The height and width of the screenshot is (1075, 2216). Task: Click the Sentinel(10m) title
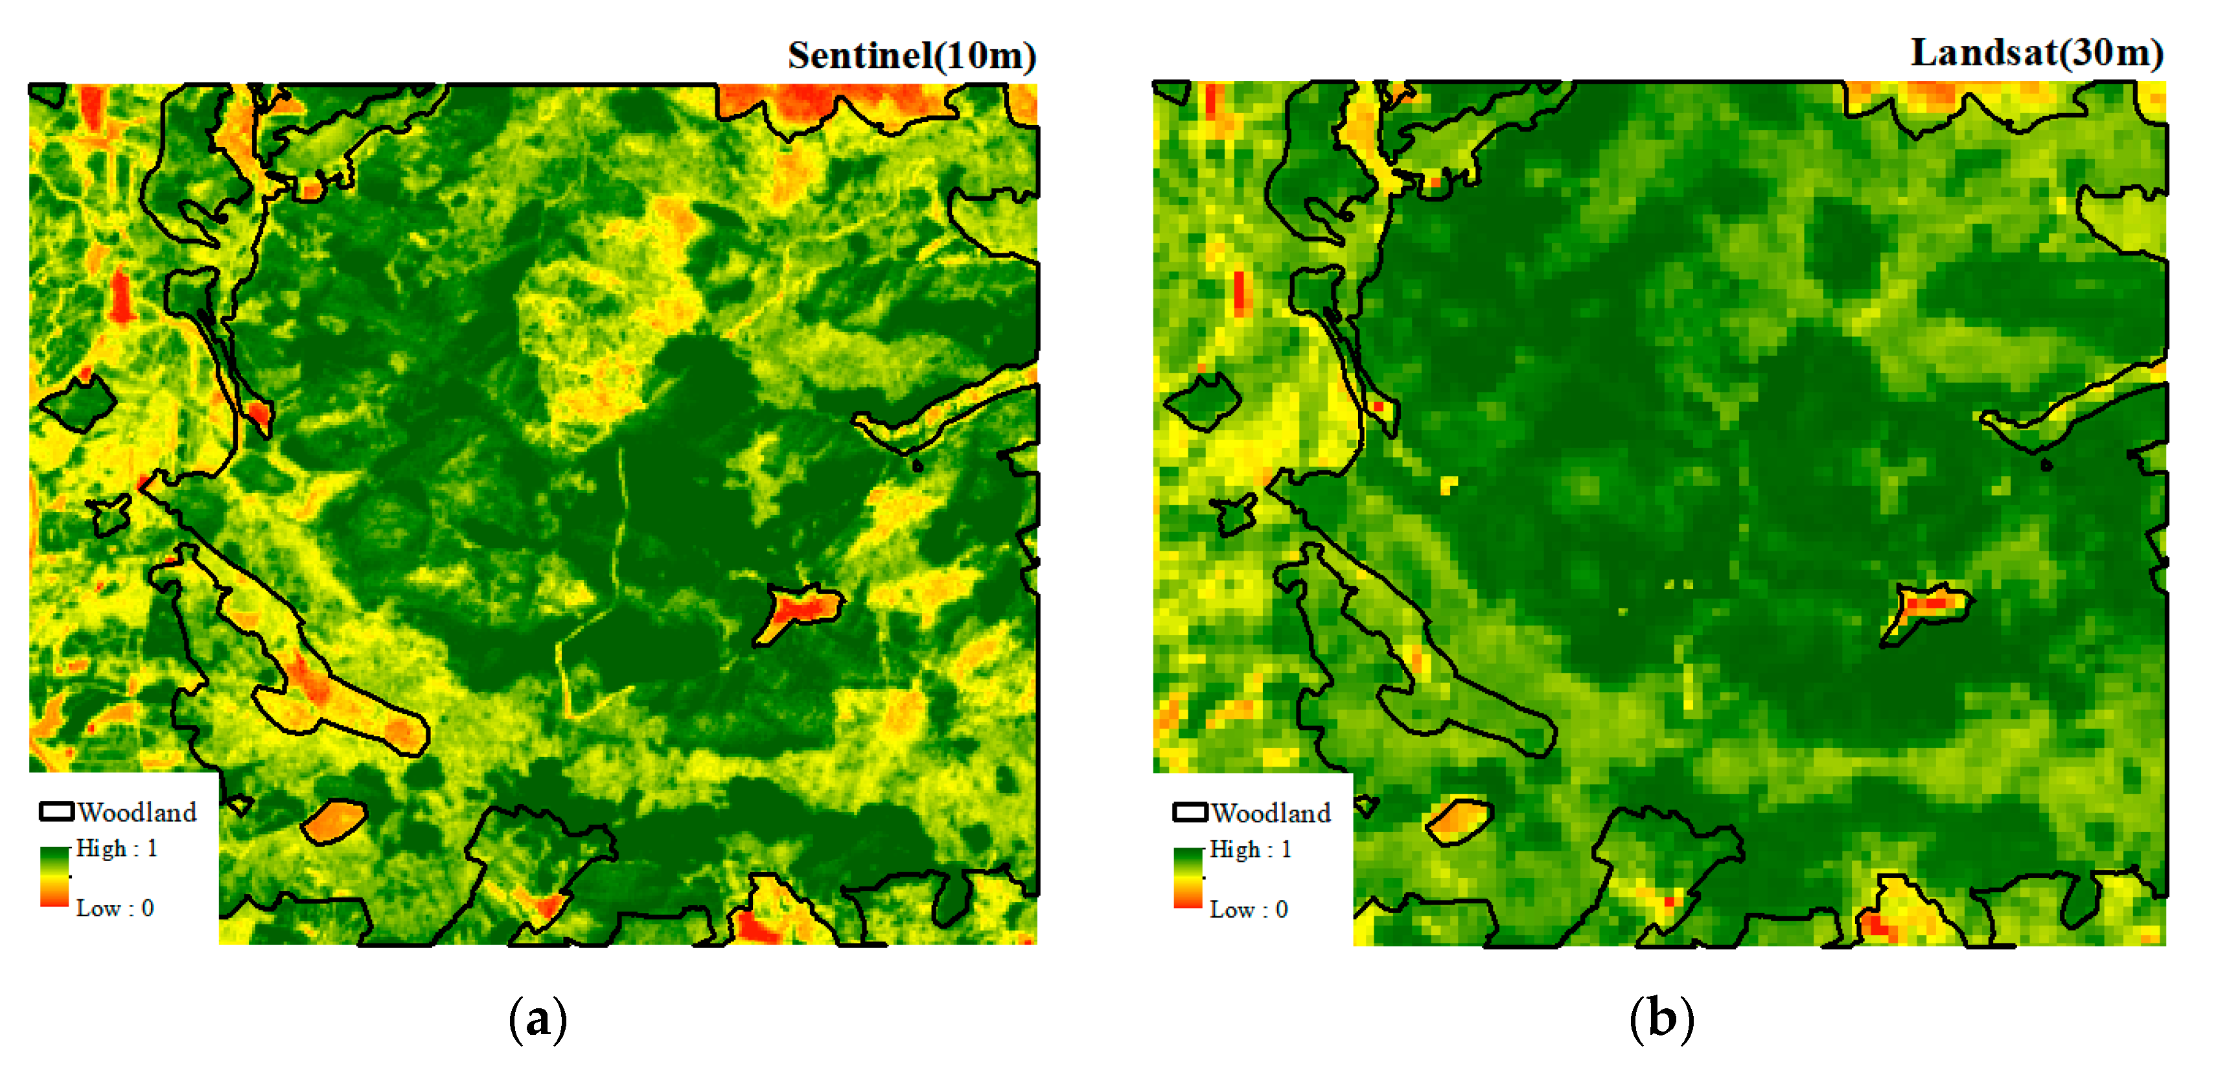click(911, 56)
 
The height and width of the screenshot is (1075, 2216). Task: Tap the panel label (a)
click(538, 1019)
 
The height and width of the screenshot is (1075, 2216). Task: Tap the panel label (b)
click(1661, 1019)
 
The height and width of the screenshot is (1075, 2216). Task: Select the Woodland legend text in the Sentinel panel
click(137, 812)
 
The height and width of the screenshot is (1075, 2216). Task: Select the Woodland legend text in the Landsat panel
click(1271, 813)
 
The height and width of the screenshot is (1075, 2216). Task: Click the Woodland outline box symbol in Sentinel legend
click(57, 811)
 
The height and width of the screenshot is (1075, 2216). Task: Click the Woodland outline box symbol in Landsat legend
click(1190, 812)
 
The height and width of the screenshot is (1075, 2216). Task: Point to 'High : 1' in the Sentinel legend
click(116, 849)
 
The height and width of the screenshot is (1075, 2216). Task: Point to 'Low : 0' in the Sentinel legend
click(115, 908)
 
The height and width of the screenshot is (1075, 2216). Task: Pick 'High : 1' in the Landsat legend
click(1250, 850)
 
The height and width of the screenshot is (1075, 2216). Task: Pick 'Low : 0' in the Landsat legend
click(1248, 910)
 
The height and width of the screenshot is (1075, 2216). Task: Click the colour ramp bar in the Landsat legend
click(1188, 877)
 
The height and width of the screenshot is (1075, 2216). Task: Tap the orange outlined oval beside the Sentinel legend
click(334, 820)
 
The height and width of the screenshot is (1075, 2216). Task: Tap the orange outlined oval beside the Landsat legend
click(1459, 820)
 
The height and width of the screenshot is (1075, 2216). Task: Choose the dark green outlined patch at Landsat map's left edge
click(1203, 402)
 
